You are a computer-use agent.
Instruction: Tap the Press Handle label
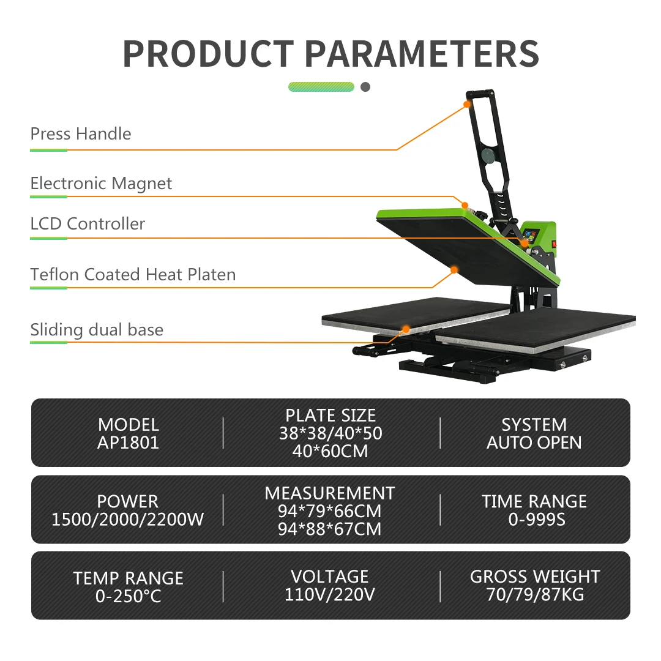[81, 134]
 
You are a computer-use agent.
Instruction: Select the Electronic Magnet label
[101, 184]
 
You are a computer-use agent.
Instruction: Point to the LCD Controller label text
[88, 224]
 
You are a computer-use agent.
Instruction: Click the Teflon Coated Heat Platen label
[133, 274]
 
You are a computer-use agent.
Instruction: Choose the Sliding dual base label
[97, 330]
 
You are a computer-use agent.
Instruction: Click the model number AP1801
[128, 443]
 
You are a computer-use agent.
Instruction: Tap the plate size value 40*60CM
[330, 451]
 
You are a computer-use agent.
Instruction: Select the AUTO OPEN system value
[534, 443]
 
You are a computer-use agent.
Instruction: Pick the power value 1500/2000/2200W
[128, 520]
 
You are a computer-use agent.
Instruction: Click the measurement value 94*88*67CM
[330, 528]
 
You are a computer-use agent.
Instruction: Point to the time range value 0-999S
[534, 520]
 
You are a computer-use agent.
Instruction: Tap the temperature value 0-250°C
[128, 596]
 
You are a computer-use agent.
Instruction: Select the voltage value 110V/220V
[330, 594]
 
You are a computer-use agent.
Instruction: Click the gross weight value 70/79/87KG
[534, 594]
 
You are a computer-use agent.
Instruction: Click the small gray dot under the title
[365, 87]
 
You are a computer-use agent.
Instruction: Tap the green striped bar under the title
[321, 87]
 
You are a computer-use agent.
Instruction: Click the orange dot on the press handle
[467, 104]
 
